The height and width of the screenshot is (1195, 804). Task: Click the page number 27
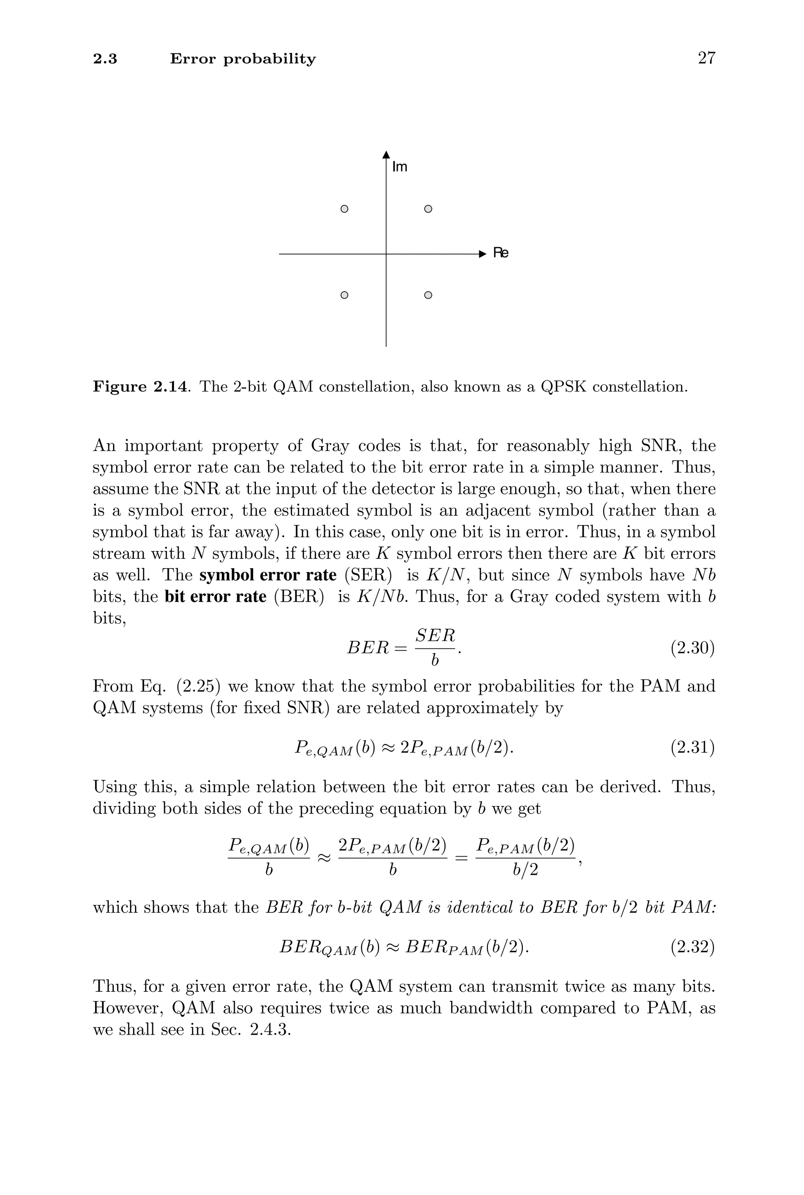point(706,58)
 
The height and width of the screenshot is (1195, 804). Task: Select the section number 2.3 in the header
point(105,59)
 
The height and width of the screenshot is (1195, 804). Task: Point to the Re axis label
point(501,253)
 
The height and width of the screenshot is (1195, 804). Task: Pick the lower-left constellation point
point(345,295)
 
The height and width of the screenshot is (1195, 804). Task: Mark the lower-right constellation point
point(428,295)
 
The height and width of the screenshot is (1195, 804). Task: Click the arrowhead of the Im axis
point(386,154)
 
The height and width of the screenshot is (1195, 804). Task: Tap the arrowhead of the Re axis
point(481,254)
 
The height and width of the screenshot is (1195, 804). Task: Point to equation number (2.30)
point(692,648)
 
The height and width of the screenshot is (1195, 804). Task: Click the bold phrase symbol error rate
point(268,575)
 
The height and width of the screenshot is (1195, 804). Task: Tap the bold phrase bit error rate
point(216,597)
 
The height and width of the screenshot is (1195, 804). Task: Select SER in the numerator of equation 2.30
point(435,636)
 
